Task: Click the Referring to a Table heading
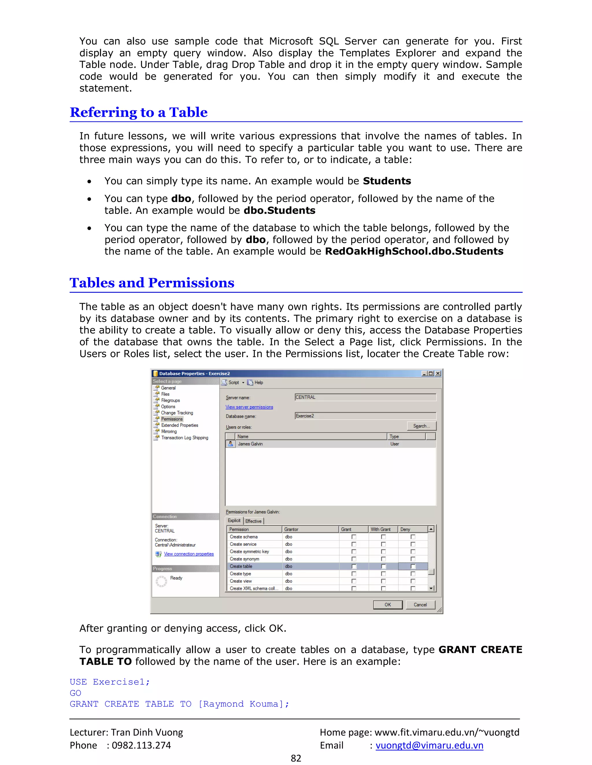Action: [138, 112]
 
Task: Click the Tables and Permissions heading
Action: [152, 283]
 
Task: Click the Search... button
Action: [421, 426]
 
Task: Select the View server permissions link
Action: [249, 407]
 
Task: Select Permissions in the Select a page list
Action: [172, 419]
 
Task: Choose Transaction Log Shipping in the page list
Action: [184, 438]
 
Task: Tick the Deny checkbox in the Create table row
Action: [413, 566]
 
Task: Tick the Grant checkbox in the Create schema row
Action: [354, 537]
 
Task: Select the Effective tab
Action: [253, 521]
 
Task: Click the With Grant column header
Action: [380, 529]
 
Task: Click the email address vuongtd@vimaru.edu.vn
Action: [429, 745]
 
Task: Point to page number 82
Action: [296, 758]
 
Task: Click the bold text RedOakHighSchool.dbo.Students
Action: [414, 251]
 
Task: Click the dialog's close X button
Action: [438, 373]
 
